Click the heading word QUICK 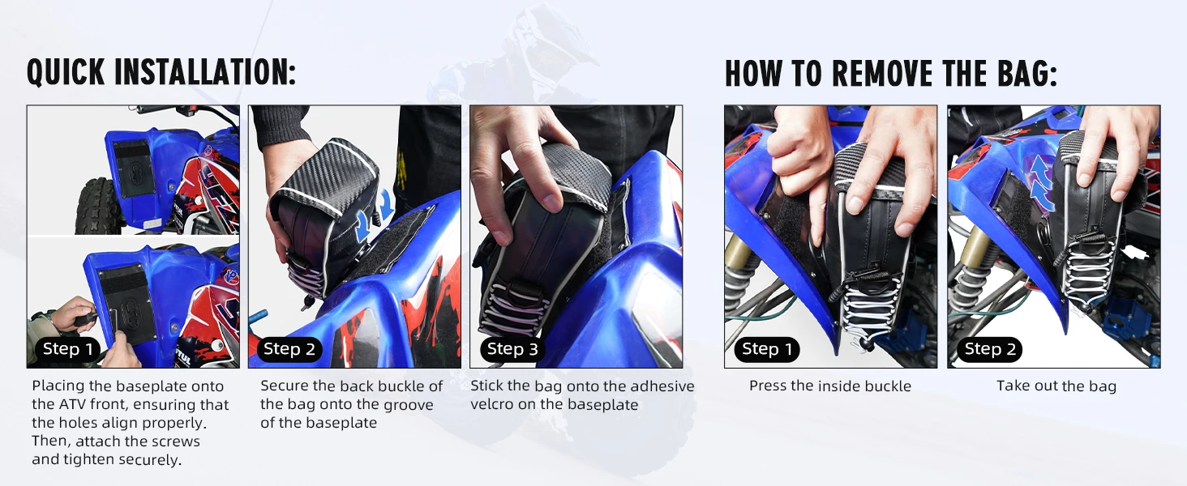point(66,72)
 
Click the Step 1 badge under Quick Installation point(68,349)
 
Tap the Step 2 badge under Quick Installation point(289,349)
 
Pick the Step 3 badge point(512,349)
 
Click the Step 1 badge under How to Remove point(767,349)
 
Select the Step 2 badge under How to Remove point(990,349)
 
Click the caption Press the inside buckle point(830,386)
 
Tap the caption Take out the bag point(1056,386)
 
